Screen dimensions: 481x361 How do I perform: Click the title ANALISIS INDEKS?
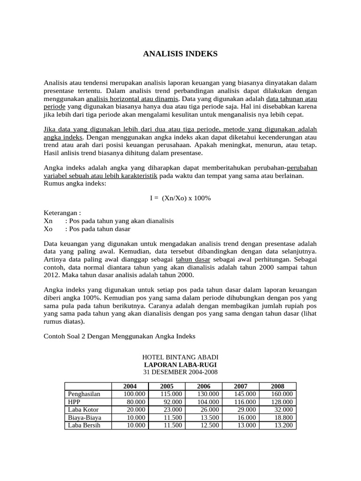coord(180,54)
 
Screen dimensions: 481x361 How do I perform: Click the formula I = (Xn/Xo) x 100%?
coord(180,198)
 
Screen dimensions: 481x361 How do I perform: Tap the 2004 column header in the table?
coord(130,386)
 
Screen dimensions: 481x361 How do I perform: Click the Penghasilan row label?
coord(84,394)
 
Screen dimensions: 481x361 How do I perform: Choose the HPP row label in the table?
coord(75,402)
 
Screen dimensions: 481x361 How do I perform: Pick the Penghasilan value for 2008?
coord(282,394)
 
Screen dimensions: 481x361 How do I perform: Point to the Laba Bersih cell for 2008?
coord(282,425)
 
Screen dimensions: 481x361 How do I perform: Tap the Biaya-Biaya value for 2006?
coord(209,417)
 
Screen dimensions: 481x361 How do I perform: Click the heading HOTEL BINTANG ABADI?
coord(180,357)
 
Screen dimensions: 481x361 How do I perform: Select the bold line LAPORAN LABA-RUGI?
coord(180,365)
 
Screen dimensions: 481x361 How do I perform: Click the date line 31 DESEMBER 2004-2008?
coord(180,372)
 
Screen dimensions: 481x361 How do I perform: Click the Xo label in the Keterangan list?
coord(48,229)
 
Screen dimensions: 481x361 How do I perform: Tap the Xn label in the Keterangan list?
coord(48,221)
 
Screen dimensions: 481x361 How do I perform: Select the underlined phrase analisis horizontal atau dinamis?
coord(132,99)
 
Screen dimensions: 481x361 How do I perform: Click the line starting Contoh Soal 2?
coord(119,336)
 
